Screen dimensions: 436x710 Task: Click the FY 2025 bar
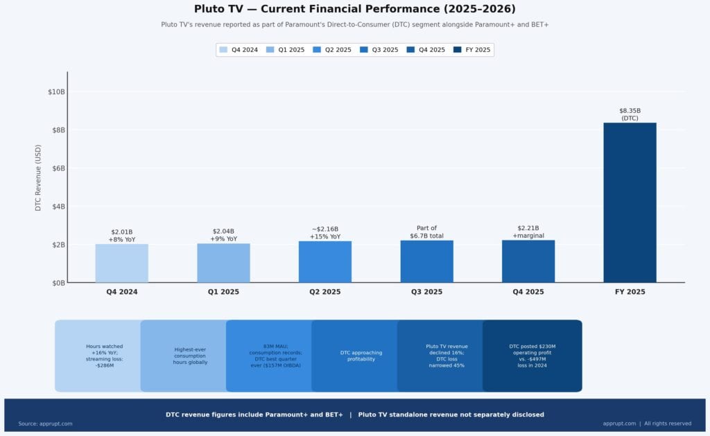click(630, 202)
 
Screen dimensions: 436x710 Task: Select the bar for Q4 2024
click(121, 263)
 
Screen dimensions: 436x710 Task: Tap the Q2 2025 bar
click(325, 262)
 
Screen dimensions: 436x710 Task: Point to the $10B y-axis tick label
click(55, 91)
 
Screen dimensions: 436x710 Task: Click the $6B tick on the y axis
click(57, 168)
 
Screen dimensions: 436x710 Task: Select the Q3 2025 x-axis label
click(426, 292)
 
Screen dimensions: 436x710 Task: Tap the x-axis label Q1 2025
click(223, 292)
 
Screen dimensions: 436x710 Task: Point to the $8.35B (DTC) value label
click(630, 114)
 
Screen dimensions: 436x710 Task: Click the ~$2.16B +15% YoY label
click(325, 233)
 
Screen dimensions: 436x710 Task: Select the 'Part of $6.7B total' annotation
click(426, 232)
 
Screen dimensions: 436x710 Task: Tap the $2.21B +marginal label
click(528, 232)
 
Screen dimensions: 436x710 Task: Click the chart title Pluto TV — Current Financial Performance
click(355, 9)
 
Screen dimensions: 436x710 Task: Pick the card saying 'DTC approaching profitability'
click(361, 356)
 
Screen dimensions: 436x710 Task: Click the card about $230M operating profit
click(532, 356)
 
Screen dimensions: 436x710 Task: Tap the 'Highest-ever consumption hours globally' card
click(191, 356)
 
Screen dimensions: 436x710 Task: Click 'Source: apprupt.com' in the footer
click(45, 424)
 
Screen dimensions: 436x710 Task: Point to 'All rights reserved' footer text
click(667, 424)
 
